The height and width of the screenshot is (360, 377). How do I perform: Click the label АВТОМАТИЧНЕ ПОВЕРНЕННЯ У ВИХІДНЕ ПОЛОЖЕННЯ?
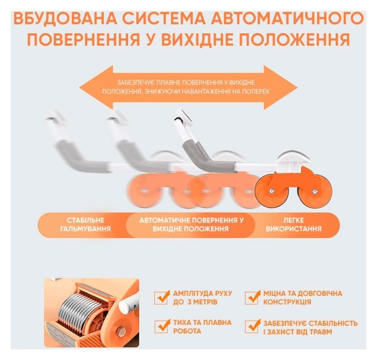pos(192,225)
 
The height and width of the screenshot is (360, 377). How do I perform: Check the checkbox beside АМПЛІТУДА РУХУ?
pos(161,297)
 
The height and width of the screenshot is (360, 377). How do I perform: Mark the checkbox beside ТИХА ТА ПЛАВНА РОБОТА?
pos(161,326)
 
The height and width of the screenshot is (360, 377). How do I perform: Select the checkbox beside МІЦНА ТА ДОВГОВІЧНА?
pos(252,297)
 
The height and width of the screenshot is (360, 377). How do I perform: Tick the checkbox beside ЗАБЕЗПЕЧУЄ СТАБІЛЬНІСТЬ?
pos(252,326)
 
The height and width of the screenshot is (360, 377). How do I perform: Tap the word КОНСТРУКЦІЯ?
pos(288,302)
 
